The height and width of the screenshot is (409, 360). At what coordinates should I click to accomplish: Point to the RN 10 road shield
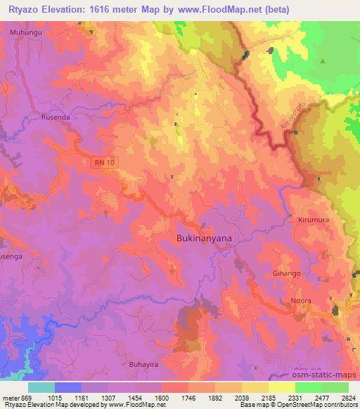[102, 163]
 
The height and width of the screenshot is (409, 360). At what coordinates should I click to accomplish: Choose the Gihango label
[286, 273]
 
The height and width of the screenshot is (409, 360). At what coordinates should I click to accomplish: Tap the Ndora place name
[301, 302]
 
